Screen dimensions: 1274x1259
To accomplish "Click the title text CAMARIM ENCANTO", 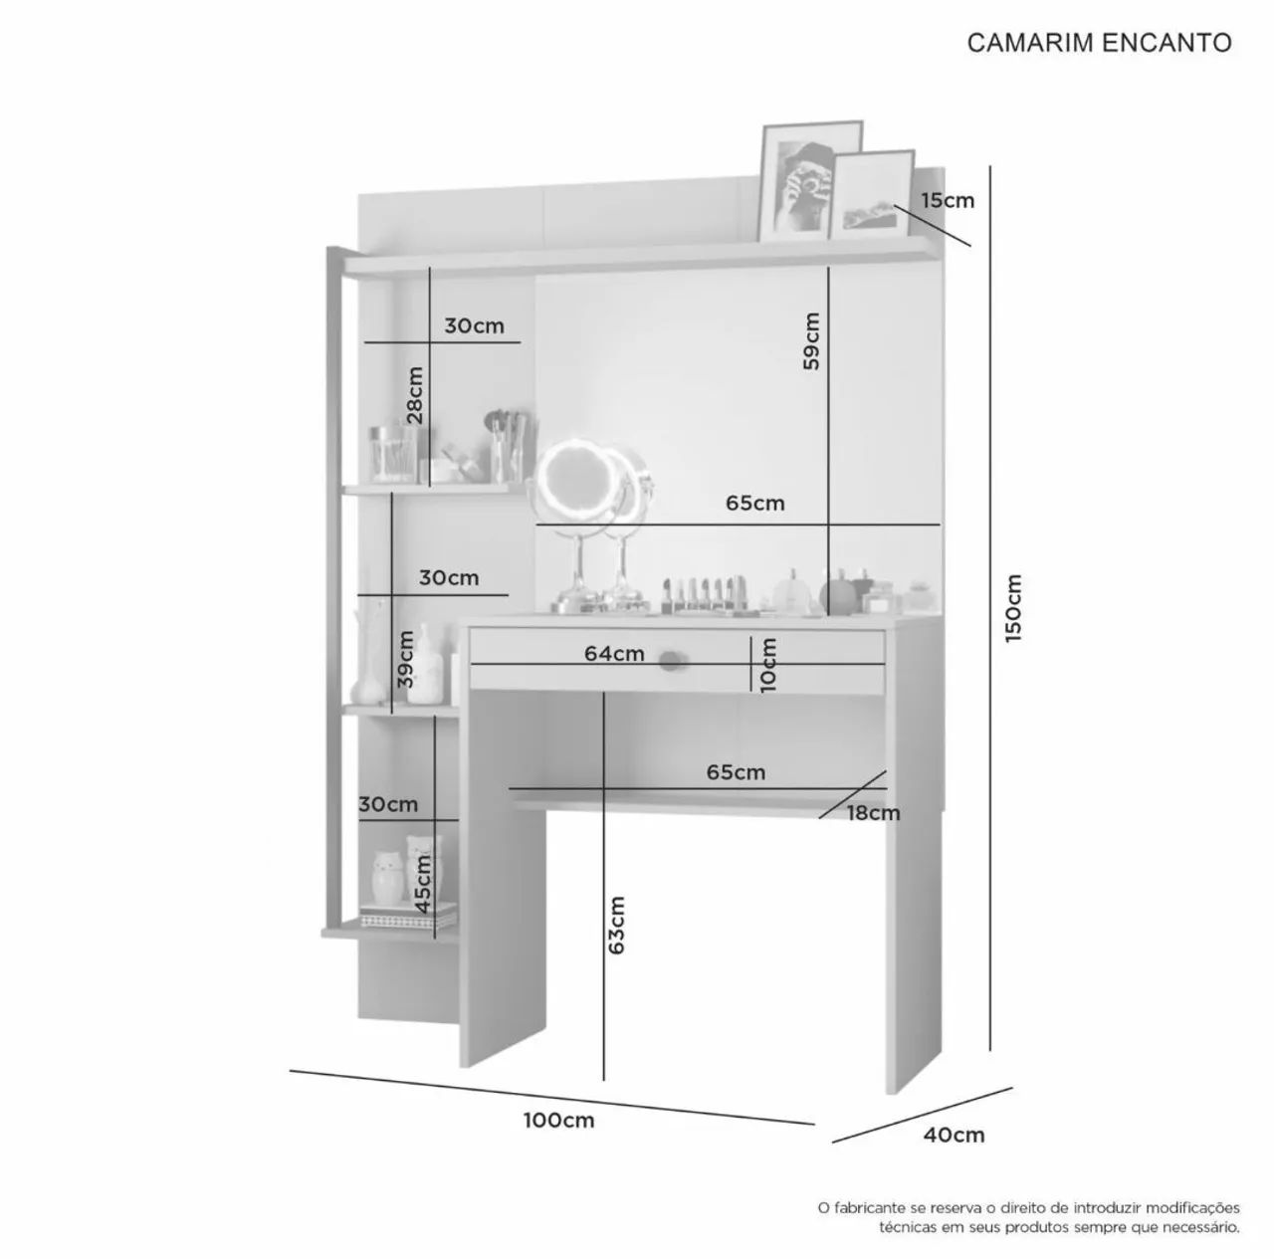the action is pos(1099,43).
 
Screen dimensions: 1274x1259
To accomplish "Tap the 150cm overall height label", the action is pos(1012,608).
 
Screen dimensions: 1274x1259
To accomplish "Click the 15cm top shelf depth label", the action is pos(949,200).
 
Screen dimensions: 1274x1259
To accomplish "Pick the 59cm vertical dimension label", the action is pos(811,341).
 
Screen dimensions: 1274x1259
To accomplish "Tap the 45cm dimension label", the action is pos(424,884).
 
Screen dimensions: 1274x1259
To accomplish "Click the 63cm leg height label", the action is pos(615,925).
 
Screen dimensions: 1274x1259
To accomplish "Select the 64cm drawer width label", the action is pos(614,653).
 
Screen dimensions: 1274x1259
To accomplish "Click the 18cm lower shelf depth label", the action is pos(874,813).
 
